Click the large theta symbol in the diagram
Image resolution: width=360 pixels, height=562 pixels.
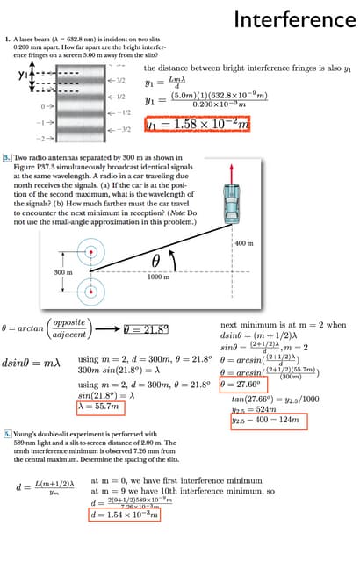point(158,259)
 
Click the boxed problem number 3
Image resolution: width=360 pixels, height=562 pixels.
point(9,155)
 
